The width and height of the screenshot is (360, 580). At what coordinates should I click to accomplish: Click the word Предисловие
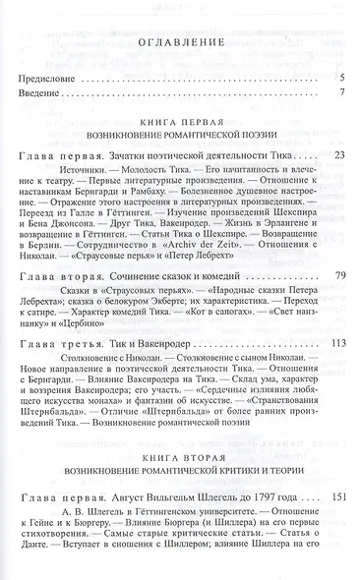point(51,78)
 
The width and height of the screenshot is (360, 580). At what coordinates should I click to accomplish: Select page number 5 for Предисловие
point(339,78)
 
